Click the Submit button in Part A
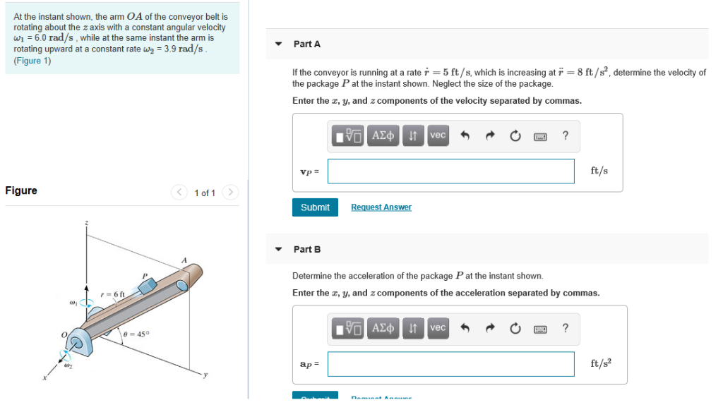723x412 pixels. tap(315, 207)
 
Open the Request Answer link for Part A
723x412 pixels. tap(381, 207)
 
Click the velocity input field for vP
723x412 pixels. tap(450, 171)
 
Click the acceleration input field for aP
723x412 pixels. tap(450, 364)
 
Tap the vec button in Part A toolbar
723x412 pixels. tap(438, 135)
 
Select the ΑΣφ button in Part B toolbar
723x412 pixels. tap(382, 328)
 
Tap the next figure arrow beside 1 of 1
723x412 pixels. tap(231, 193)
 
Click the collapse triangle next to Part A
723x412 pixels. tap(279, 44)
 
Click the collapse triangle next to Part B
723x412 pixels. tap(279, 250)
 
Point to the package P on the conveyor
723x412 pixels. tap(148, 286)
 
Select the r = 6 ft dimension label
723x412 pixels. tap(112, 293)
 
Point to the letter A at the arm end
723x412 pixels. tap(184, 261)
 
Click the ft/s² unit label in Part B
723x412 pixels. tap(601, 363)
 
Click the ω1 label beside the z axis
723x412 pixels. tap(73, 303)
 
